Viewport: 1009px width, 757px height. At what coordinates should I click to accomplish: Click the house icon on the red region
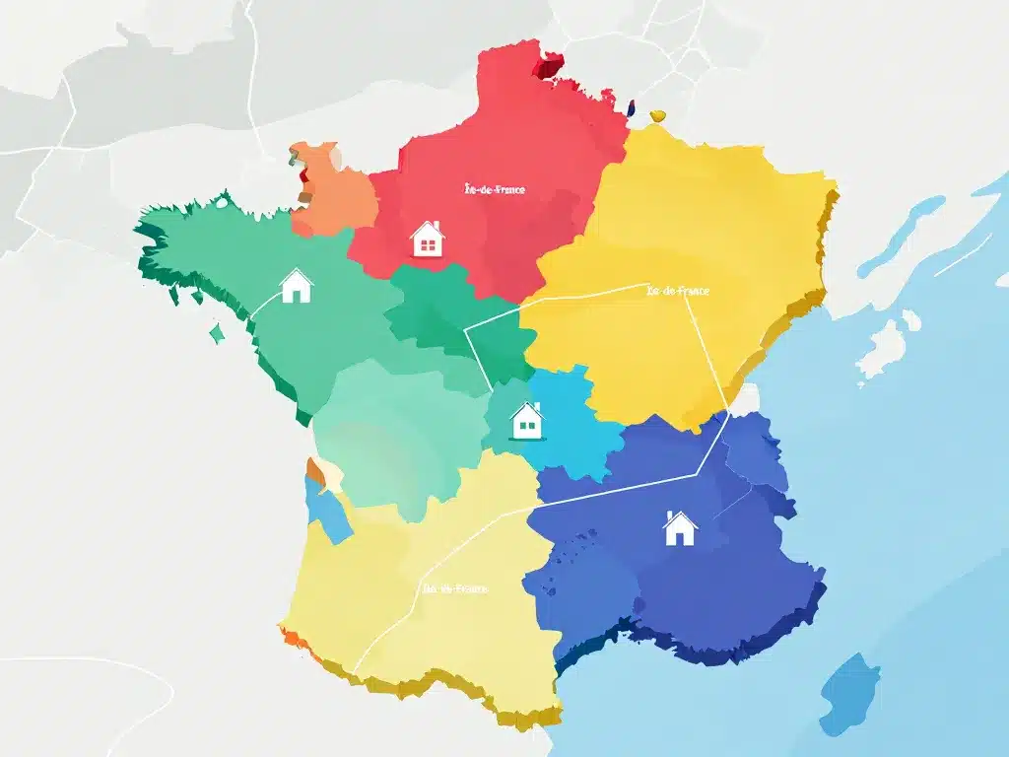(427, 239)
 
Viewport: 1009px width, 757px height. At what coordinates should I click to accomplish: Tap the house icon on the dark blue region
(679, 528)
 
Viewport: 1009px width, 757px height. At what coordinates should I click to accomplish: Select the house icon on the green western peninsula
(296, 286)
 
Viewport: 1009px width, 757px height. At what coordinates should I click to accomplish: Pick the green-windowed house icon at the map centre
(527, 421)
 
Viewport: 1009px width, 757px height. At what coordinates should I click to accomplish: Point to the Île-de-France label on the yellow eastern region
(677, 291)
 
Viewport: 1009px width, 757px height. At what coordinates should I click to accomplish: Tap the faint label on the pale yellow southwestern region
(454, 588)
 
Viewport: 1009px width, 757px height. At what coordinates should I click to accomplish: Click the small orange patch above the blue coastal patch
(314, 469)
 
